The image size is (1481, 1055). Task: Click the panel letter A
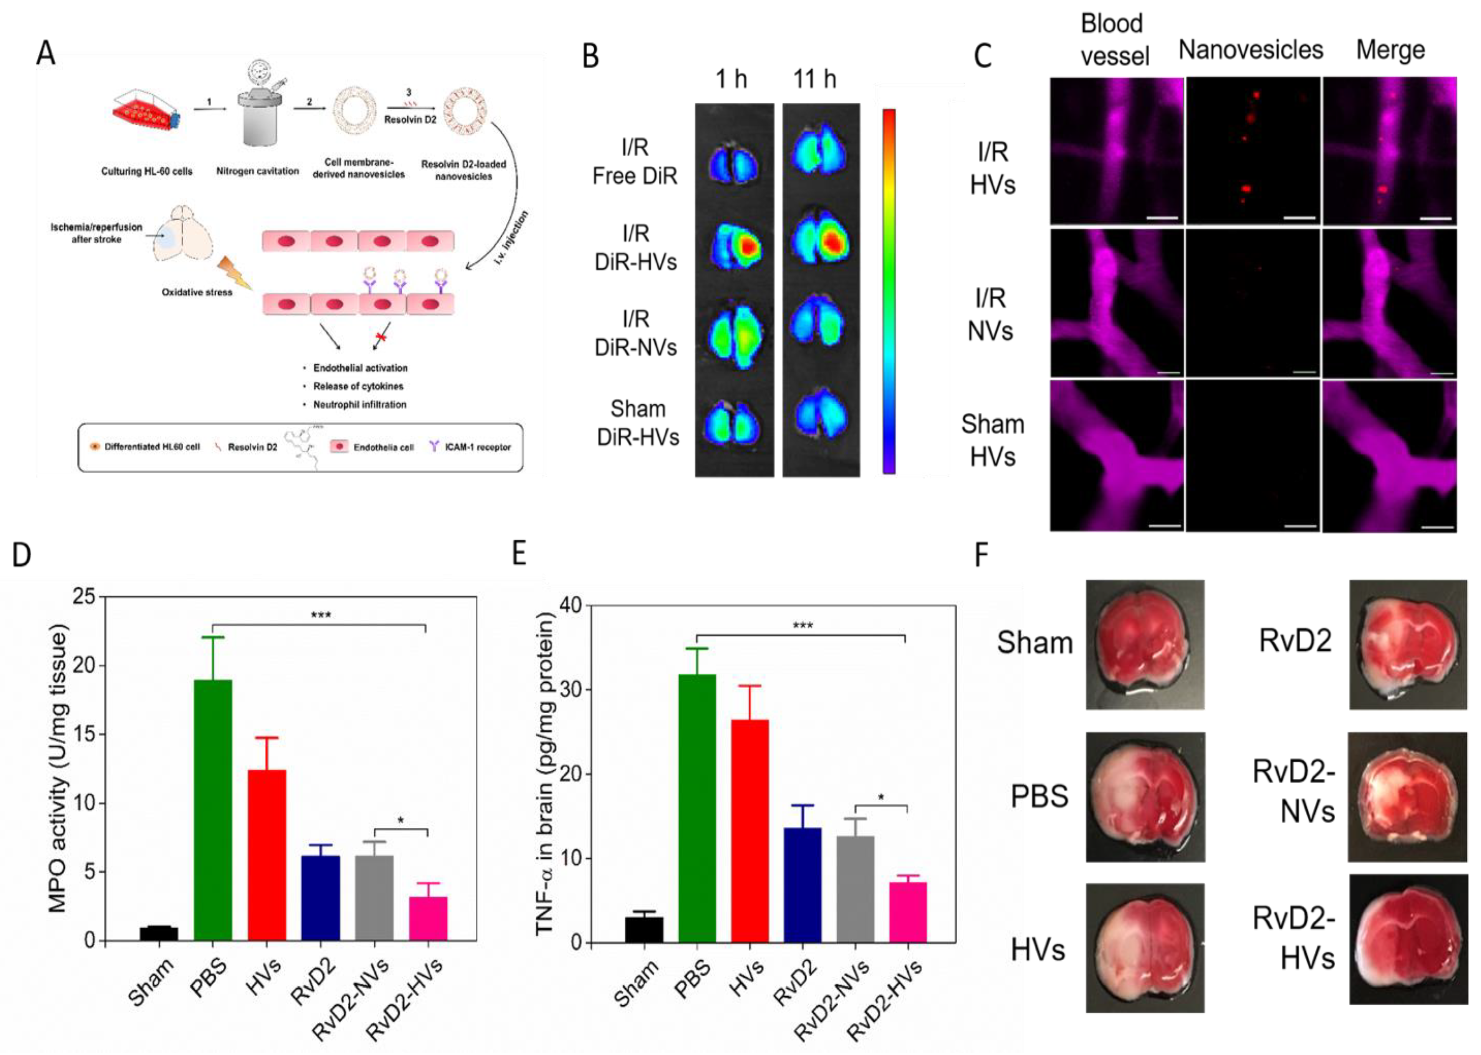point(45,52)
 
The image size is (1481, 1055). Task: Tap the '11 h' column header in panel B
point(814,79)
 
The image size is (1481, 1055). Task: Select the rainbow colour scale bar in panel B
point(888,290)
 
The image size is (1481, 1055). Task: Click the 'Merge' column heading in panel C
point(1390,50)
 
